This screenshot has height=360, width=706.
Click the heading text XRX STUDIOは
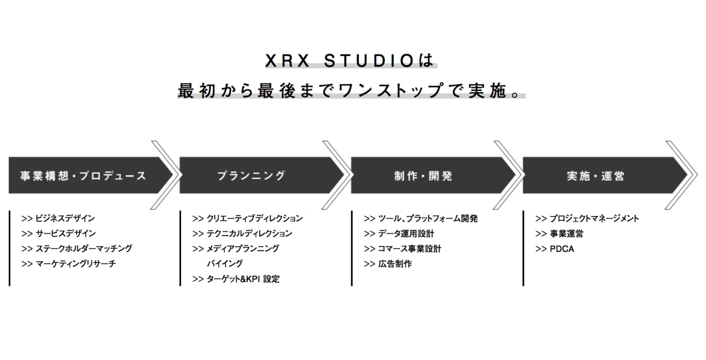pyautogui.click(x=349, y=61)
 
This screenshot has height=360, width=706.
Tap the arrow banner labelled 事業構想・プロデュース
pyautogui.click(x=84, y=176)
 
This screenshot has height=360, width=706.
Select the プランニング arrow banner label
pyautogui.click(x=251, y=176)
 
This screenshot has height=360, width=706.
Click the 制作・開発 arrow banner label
pyautogui.click(x=423, y=176)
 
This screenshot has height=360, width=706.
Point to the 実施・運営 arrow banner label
pyautogui.click(x=595, y=176)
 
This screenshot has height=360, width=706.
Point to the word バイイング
pyautogui.click(x=225, y=263)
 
